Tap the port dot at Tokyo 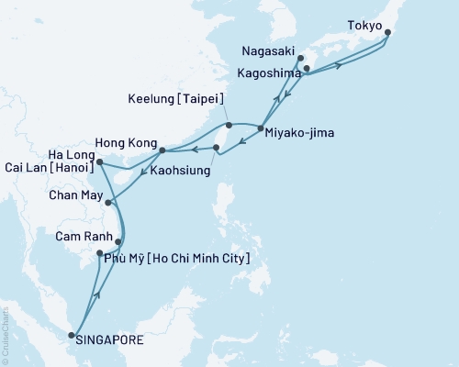(x=387, y=33)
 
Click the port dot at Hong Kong (x=162, y=150)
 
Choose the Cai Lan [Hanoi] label (x=42, y=164)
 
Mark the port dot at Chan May (x=109, y=203)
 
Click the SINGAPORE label (x=109, y=340)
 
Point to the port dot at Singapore (x=73, y=336)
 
